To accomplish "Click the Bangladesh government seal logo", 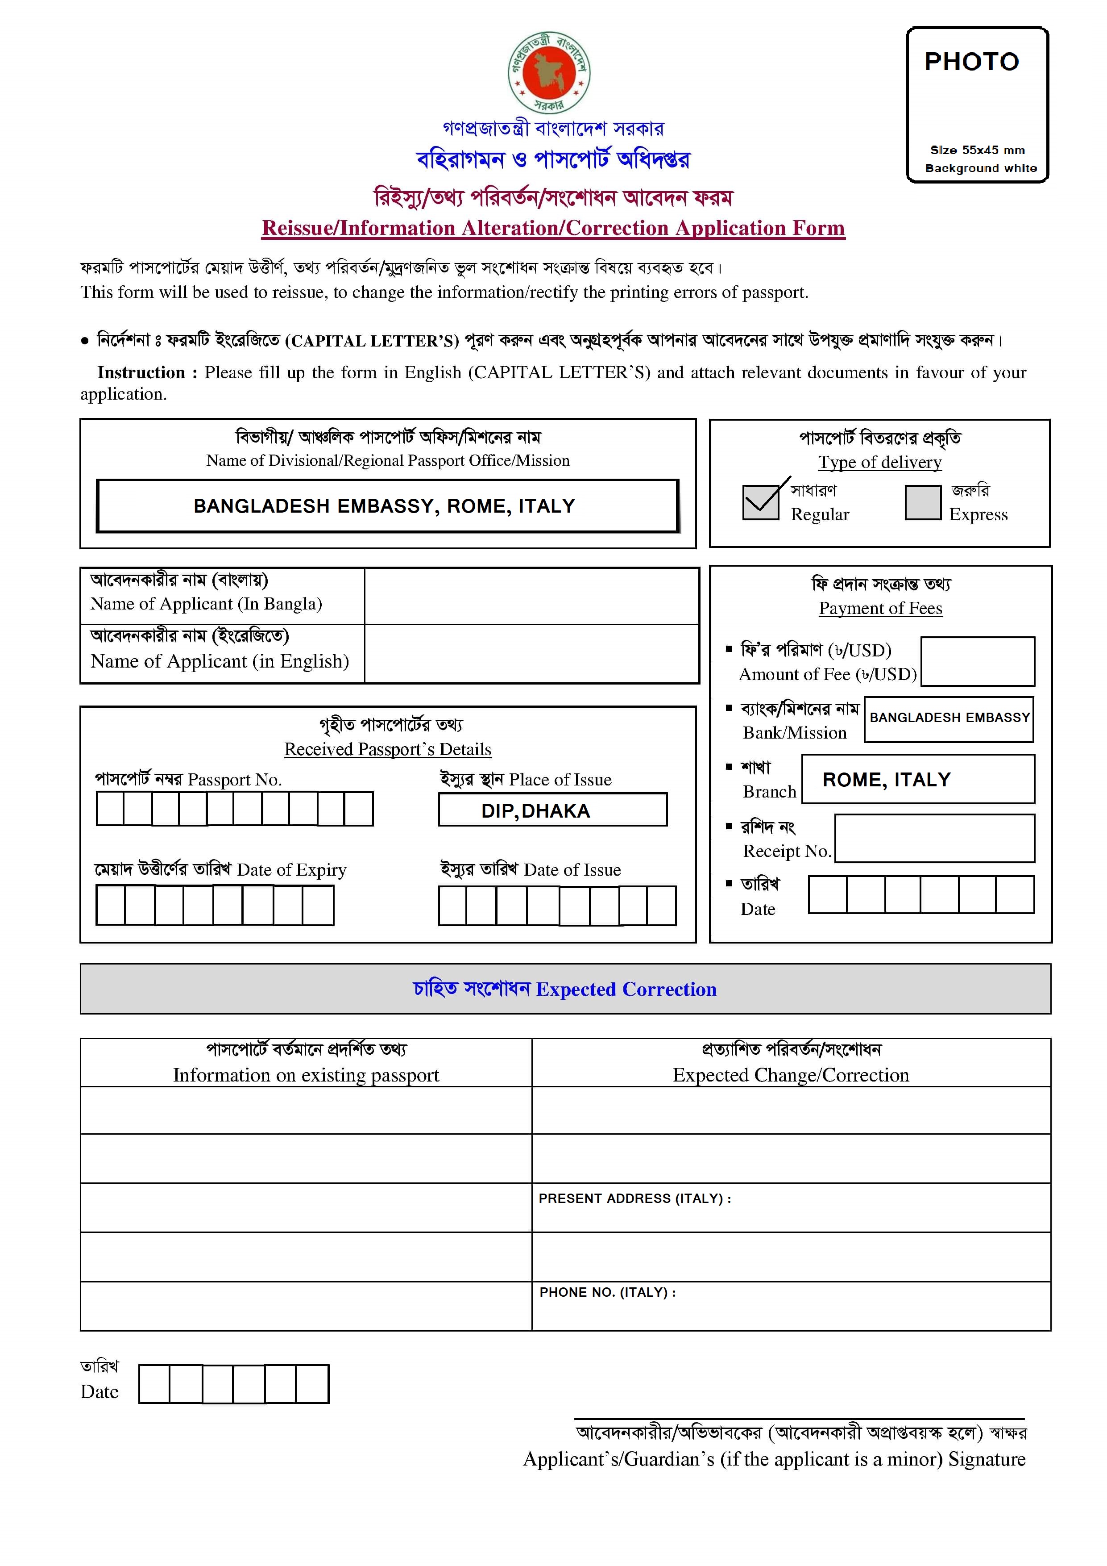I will (549, 72).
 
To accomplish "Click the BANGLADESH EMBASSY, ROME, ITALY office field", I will (387, 506).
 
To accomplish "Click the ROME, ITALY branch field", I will (917, 779).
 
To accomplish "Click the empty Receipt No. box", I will (934, 838).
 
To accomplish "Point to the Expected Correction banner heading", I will (564, 989).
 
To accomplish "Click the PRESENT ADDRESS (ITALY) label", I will (634, 1199).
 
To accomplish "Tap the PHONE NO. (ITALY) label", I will (607, 1292).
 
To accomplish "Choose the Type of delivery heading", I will (879, 463).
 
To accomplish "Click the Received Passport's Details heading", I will (387, 749).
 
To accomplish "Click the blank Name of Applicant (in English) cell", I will (532, 653).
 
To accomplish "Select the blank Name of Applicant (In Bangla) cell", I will (532, 596).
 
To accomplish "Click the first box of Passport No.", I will (110, 809).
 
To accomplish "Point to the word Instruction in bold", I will (141, 372).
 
